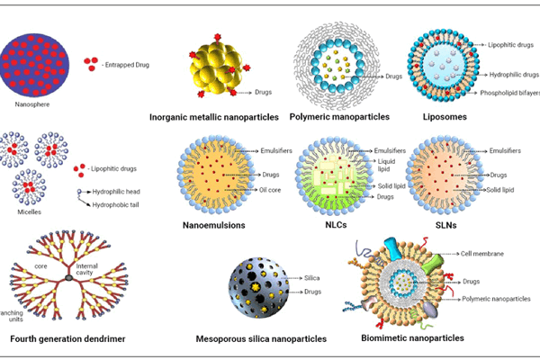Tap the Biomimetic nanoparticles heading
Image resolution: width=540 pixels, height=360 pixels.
coord(412,338)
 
